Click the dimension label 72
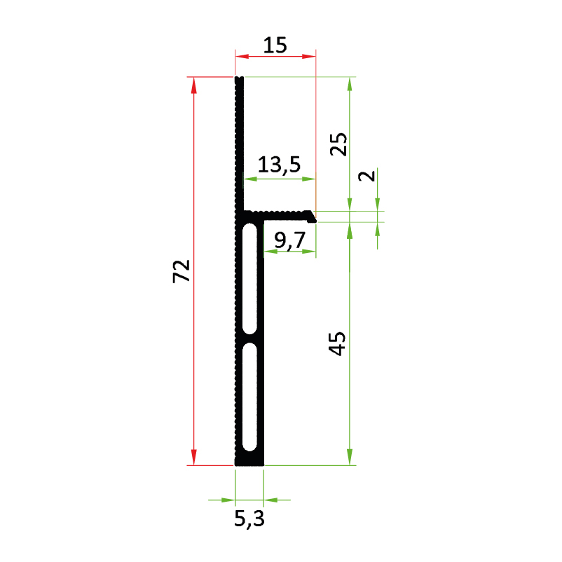click(x=181, y=271)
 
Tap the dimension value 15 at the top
click(x=275, y=46)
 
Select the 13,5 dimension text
click(x=279, y=165)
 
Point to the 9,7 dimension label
click(x=290, y=240)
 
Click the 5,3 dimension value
click(x=249, y=519)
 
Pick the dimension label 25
click(x=338, y=144)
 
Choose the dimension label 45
click(x=337, y=344)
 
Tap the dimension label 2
click(x=366, y=176)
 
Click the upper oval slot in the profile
click(x=249, y=278)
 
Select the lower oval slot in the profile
click(x=249, y=397)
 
